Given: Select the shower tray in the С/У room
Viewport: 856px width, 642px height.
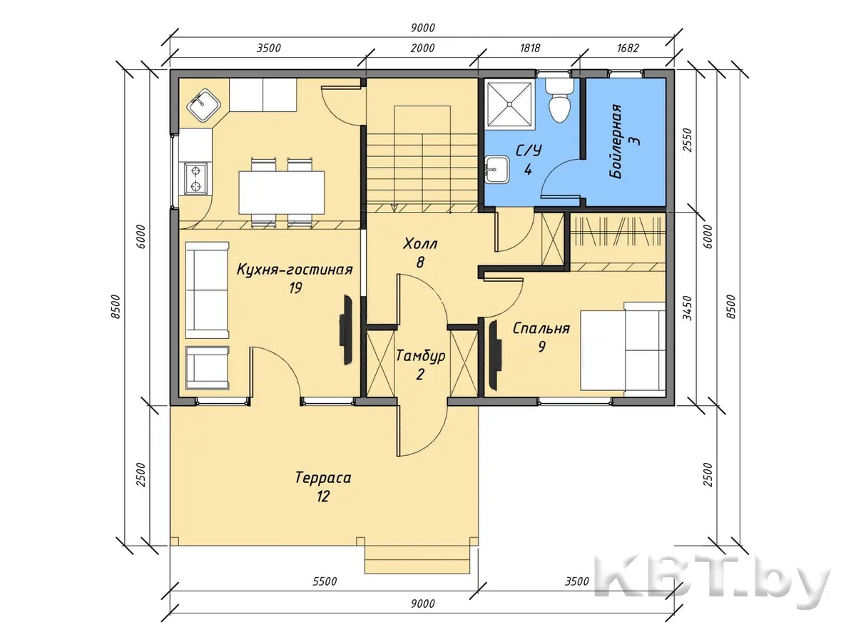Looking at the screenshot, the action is [509, 104].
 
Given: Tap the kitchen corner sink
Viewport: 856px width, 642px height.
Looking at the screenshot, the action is [203, 106].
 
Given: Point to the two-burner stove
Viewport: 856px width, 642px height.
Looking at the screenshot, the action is [195, 178].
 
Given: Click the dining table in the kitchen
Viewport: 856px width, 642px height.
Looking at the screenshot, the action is [282, 193].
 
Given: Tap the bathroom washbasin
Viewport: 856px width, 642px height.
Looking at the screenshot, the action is [496, 170].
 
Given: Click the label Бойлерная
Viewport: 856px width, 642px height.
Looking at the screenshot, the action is [616, 141].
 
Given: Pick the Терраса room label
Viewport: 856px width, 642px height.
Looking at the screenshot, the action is [323, 478].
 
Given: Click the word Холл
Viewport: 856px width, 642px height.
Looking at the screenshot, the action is [420, 245].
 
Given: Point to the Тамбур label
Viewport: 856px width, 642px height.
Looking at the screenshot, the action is [420, 356].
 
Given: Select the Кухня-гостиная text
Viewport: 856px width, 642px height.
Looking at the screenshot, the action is [295, 270].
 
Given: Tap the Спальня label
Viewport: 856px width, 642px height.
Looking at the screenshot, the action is [541, 328].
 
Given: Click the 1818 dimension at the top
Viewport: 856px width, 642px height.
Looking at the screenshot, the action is [530, 48].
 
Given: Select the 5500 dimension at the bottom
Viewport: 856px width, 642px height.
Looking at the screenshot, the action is [325, 581].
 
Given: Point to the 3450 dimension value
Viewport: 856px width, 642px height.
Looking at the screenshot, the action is [688, 308].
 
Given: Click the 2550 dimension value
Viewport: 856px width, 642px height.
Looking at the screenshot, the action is [688, 140].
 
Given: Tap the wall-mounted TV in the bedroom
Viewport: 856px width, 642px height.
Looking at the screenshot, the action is [494, 355].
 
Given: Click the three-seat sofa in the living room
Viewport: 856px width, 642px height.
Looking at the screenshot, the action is [207, 290].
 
